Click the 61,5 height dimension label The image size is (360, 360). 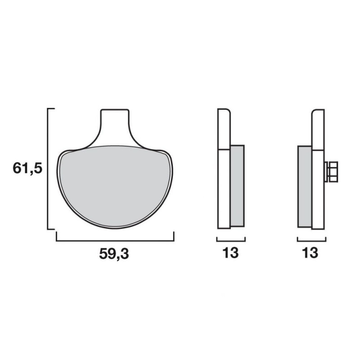point(27,168)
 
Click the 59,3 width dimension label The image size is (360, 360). point(114,254)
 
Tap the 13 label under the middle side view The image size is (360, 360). point(230,252)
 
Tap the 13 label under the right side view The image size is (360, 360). point(310,252)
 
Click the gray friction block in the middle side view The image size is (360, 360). point(237,186)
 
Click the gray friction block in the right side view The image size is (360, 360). point(305,186)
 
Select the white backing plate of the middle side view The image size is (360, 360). point(224,169)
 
